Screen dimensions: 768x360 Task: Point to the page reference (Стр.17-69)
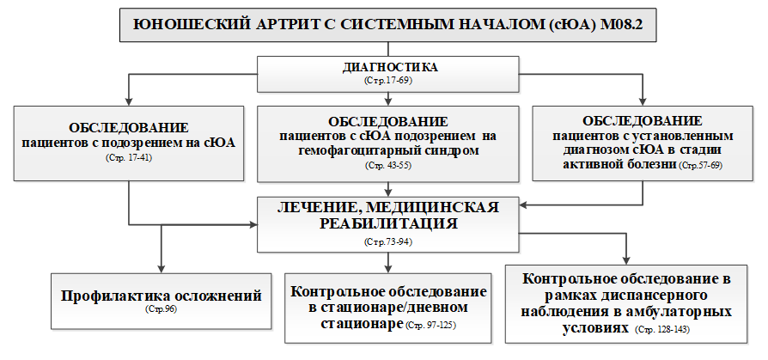point(388,80)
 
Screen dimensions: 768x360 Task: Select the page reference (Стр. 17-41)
point(128,158)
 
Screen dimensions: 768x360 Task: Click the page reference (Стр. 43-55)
point(388,166)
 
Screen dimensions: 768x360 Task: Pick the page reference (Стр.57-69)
point(700,166)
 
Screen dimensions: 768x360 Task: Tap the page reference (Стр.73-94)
point(388,241)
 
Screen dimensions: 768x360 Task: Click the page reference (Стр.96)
point(161,309)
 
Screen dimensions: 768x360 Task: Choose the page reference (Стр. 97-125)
point(431,325)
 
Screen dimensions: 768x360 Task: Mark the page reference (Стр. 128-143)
point(662,330)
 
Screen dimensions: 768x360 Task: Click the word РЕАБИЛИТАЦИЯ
point(388,224)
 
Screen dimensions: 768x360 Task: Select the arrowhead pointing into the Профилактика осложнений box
point(161,268)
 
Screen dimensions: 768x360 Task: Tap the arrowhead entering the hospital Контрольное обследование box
point(388,268)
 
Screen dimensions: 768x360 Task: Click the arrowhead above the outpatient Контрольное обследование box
point(626,260)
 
